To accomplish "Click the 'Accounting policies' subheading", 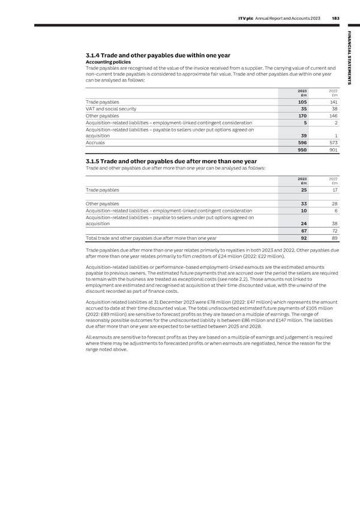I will click(x=105, y=63).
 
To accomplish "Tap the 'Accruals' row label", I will click(x=91, y=143).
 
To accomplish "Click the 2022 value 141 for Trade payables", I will click(x=332, y=102).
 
